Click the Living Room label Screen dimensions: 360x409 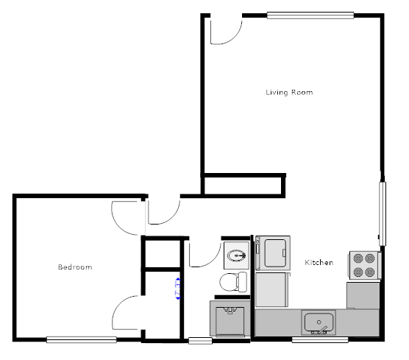click(289, 93)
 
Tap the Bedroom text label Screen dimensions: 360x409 click(75, 267)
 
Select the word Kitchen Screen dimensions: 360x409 click(319, 263)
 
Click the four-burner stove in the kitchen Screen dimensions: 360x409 click(363, 265)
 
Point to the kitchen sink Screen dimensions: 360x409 click(319, 322)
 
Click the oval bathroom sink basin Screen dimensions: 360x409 click(236, 255)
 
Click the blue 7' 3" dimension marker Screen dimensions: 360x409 click(177, 288)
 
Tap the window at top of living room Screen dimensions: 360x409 click(310, 14)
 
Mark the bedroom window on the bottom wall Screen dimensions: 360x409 click(81, 339)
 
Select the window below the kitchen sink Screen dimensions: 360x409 click(319, 339)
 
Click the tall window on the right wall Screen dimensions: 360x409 click(381, 213)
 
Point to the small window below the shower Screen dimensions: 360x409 click(199, 340)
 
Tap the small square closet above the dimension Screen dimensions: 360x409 click(161, 255)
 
